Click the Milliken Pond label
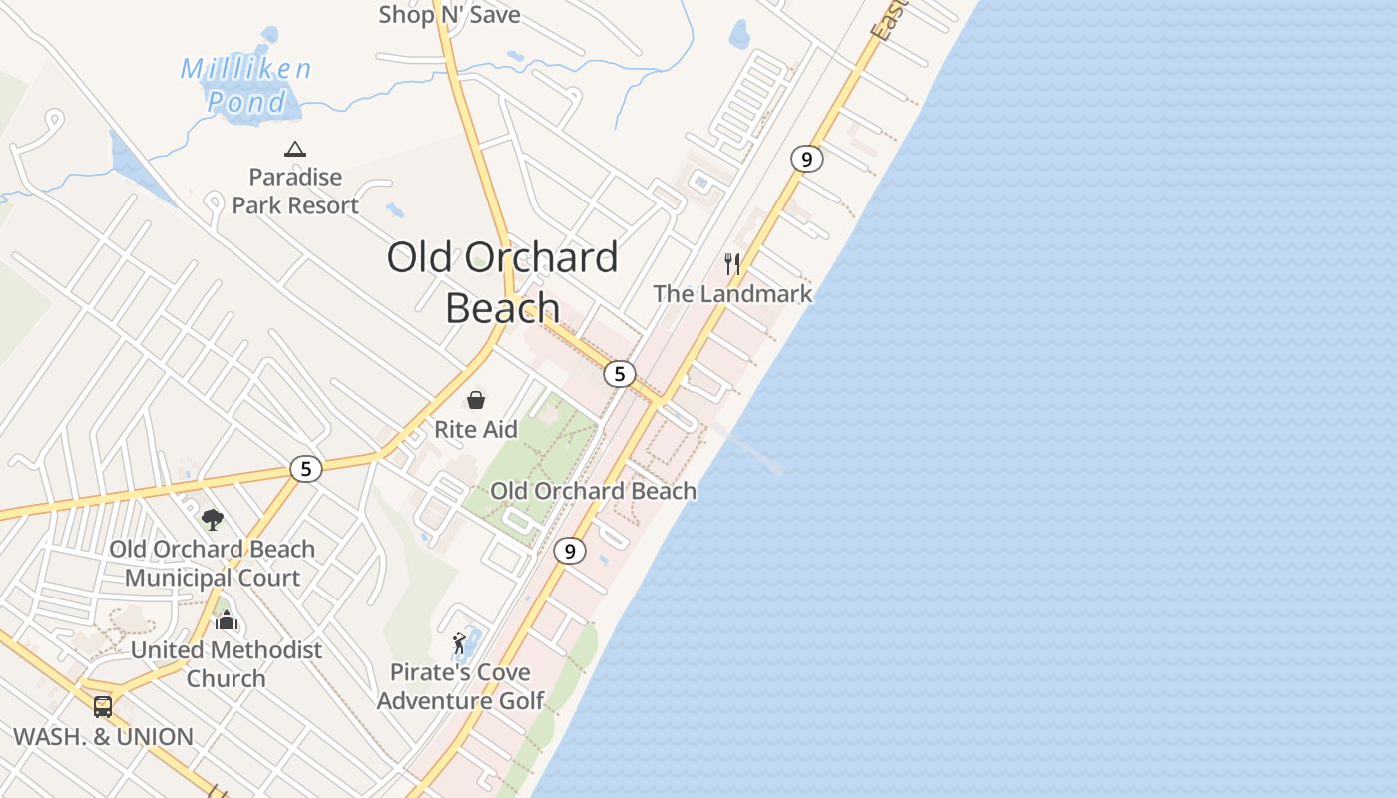point(245,85)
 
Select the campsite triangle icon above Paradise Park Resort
point(294,150)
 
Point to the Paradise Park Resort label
point(295,192)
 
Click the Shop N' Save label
point(449,14)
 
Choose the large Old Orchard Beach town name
point(502,282)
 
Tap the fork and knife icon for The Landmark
point(733,263)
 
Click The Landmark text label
point(732,294)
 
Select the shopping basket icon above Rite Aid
point(476,400)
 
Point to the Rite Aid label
point(476,430)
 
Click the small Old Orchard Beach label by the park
point(593,491)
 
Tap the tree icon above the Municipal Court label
point(212,519)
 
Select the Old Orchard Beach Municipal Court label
point(213,564)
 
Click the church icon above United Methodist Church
point(227,620)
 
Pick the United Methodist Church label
point(227,664)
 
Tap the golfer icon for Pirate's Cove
point(459,643)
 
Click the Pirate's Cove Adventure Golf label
point(460,686)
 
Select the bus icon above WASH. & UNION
point(103,707)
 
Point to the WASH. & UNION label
point(103,737)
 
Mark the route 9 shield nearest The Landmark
point(806,158)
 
